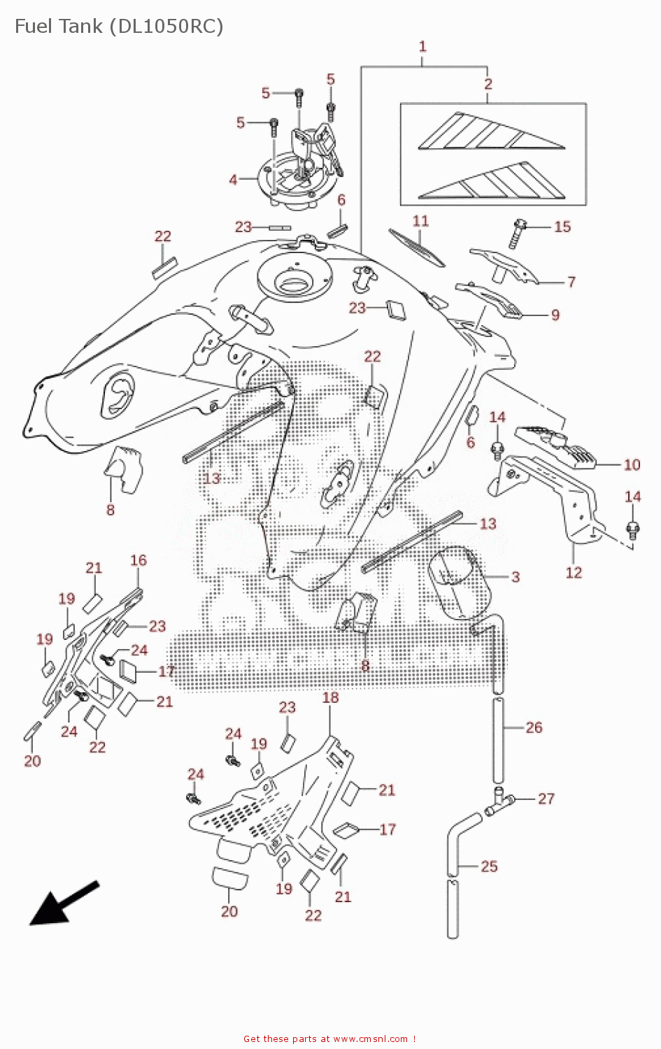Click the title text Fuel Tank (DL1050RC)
click(119, 27)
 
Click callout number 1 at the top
click(422, 46)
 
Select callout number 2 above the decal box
click(488, 84)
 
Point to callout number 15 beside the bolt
click(562, 227)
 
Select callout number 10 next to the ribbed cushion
click(632, 464)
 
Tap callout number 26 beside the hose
click(534, 727)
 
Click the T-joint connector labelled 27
click(500, 801)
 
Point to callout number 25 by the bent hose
click(489, 866)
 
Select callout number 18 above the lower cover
click(330, 697)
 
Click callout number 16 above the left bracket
click(138, 560)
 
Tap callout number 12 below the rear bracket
click(574, 572)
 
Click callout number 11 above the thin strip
click(420, 221)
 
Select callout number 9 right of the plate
click(555, 315)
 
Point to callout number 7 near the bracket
click(571, 282)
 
